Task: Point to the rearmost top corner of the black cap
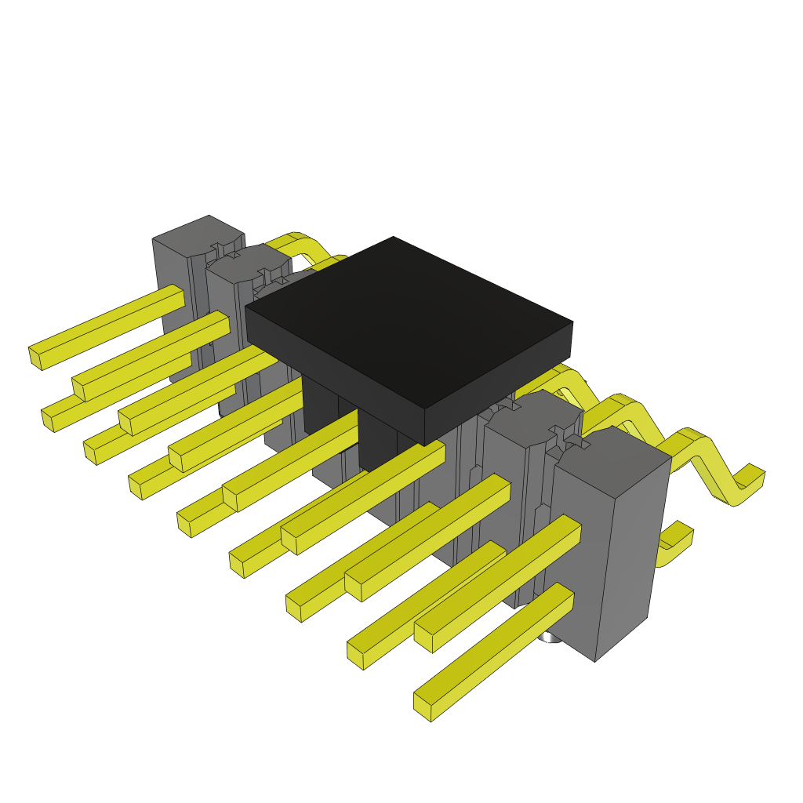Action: coord(394,237)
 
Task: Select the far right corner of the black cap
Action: coord(572,322)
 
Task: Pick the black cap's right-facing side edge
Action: coord(502,384)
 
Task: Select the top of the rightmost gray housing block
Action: coord(616,451)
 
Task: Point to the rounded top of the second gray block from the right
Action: coord(533,412)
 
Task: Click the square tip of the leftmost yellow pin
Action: coord(35,358)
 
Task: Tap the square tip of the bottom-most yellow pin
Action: coord(423,705)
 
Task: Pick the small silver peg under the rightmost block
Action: coord(551,639)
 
